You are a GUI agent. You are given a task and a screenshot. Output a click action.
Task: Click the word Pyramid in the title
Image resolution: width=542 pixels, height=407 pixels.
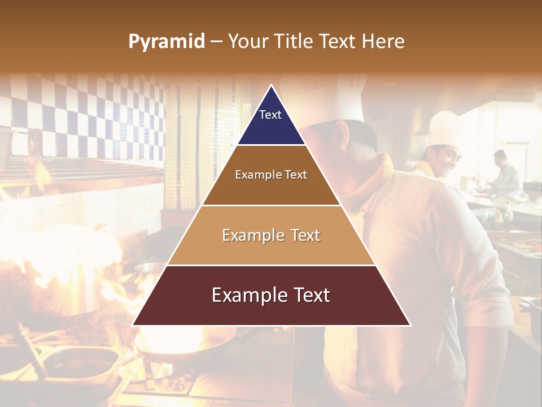tap(167, 42)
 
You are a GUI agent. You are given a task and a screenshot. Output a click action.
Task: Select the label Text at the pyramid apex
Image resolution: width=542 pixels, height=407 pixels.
tap(270, 115)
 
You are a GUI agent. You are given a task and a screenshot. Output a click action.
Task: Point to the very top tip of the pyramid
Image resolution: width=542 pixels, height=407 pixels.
tap(272, 85)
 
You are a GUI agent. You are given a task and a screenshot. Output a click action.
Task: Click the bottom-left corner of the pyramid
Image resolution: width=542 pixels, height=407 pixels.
tap(133, 325)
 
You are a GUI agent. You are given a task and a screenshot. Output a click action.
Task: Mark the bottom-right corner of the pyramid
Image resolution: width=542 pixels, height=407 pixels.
tap(410, 325)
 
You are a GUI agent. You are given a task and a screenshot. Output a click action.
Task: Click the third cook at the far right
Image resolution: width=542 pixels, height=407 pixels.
tap(504, 172)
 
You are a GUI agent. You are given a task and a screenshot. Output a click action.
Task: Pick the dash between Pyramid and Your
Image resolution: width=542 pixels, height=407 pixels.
tap(216, 42)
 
